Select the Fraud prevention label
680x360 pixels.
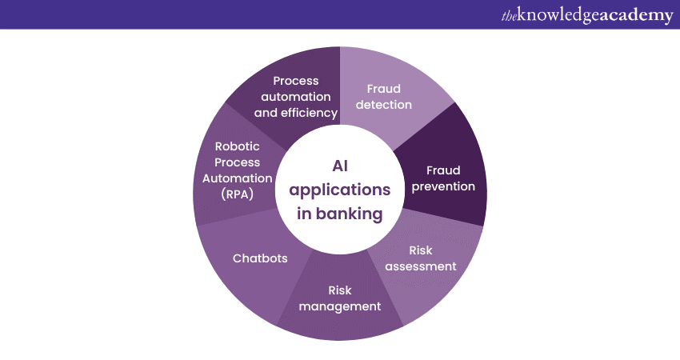pyautogui.click(x=438, y=178)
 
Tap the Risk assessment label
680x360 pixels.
pyautogui.click(x=421, y=258)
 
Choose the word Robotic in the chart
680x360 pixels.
pyautogui.click(x=238, y=146)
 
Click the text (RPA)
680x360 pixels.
pyautogui.click(x=238, y=194)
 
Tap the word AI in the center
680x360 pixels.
pyautogui.click(x=340, y=166)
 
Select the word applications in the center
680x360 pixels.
pyautogui.click(x=340, y=190)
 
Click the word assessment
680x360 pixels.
pyautogui.click(x=421, y=266)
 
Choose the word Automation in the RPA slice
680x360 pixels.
pyautogui.click(x=238, y=178)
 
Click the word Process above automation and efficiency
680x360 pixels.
pyautogui.click(x=296, y=80)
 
